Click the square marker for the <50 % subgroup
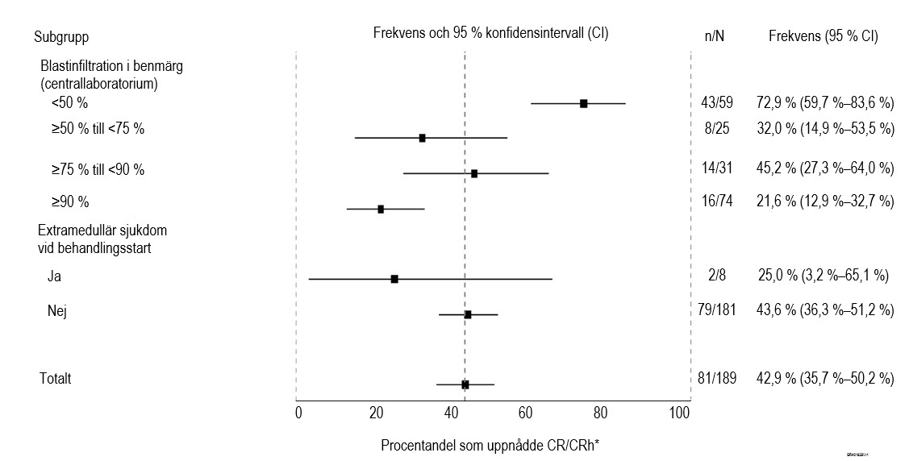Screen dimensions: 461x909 pos(583,103)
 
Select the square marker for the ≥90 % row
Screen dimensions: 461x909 pos(381,209)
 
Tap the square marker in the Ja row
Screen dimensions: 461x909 pos(394,279)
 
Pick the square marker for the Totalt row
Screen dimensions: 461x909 pos(465,384)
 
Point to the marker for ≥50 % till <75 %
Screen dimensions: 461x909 pos(422,138)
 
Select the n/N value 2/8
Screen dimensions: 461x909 pos(716,276)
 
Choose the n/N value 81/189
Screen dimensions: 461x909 pos(716,378)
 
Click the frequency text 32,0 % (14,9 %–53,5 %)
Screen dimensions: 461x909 pos(824,129)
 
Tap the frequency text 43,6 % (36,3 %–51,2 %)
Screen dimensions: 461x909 pos(824,309)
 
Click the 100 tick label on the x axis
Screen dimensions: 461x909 pos(679,413)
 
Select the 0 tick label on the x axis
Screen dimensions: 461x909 pos(298,413)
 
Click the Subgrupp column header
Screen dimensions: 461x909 pos(61,36)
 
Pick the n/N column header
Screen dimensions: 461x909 pos(714,36)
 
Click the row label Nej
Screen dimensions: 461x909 pos(56,309)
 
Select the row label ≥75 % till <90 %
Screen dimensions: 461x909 pos(98,169)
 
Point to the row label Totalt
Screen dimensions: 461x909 pos(56,378)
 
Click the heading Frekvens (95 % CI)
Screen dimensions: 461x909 pos(823,36)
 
